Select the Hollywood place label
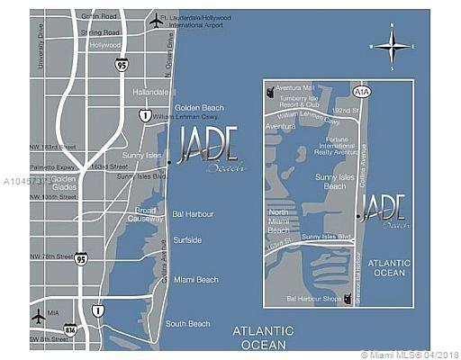104,45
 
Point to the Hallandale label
150,91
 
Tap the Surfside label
187,240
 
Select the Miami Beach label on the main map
196,280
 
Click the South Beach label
188,323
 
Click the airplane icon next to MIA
38,317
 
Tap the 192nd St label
345,110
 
